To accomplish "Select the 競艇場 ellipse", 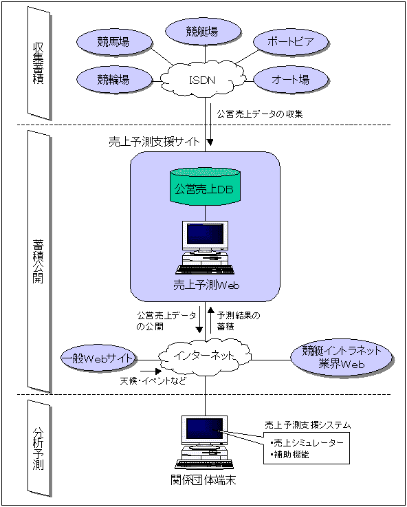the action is click(x=203, y=32).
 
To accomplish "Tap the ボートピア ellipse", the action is click(x=291, y=43).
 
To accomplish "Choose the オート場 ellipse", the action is click(x=291, y=80).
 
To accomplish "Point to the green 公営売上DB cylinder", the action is click(x=206, y=188).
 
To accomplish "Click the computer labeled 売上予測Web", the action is click(x=206, y=248).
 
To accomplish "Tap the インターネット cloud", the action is click(x=205, y=357).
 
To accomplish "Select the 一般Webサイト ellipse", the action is click(x=98, y=358).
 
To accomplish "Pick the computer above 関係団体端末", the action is click(x=205, y=442).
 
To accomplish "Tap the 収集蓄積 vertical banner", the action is click(x=39, y=63).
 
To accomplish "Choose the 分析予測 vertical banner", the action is click(x=39, y=451).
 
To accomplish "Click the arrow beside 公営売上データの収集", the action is click(x=210, y=124).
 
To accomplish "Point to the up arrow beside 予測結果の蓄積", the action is click(x=210, y=320).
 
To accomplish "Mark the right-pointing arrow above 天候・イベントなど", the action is click(x=150, y=371).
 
